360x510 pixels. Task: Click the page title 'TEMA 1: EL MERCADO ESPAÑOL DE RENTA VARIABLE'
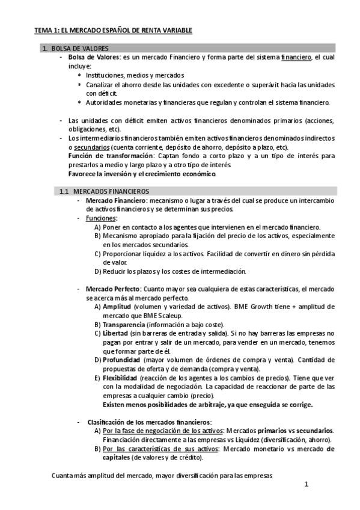tap(112, 30)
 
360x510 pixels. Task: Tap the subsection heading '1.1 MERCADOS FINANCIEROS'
tap(96, 191)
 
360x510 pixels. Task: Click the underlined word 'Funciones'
tap(101, 218)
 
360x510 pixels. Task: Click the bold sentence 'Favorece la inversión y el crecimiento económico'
tap(142, 174)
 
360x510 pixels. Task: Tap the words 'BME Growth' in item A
tap(252, 307)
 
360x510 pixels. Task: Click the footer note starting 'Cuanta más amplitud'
tap(162, 475)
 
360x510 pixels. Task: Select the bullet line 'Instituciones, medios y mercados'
tap(135, 76)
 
